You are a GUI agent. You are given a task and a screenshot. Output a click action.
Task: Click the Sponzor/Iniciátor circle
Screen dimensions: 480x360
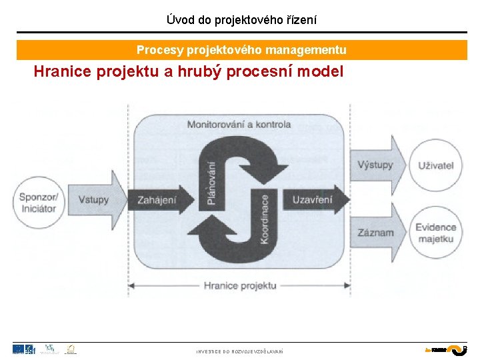pyautogui.click(x=38, y=202)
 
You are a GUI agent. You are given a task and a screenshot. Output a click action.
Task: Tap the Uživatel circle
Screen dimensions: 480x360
pyautogui.click(x=436, y=165)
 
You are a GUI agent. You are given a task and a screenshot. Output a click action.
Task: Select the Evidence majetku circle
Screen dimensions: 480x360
pyautogui.click(x=436, y=233)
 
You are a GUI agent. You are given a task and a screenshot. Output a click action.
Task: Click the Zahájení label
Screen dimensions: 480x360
pyautogui.click(x=157, y=199)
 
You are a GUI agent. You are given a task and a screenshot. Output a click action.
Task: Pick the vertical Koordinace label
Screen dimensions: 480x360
pyautogui.click(x=265, y=219)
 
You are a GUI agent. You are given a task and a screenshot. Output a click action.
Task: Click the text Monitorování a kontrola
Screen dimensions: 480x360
pyautogui.click(x=239, y=124)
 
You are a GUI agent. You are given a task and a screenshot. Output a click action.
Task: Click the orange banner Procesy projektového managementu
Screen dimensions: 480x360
pyautogui.click(x=241, y=50)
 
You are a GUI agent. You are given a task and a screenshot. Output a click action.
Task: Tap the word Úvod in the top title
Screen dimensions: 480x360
pyautogui.click(x=179, y=20)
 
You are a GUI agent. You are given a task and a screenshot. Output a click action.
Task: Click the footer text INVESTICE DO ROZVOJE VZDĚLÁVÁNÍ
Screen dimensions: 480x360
pyautogui.click(x=239, y=351)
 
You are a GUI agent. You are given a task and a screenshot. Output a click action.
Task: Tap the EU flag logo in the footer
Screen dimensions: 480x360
pyautogui.click(x=19, y=349)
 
